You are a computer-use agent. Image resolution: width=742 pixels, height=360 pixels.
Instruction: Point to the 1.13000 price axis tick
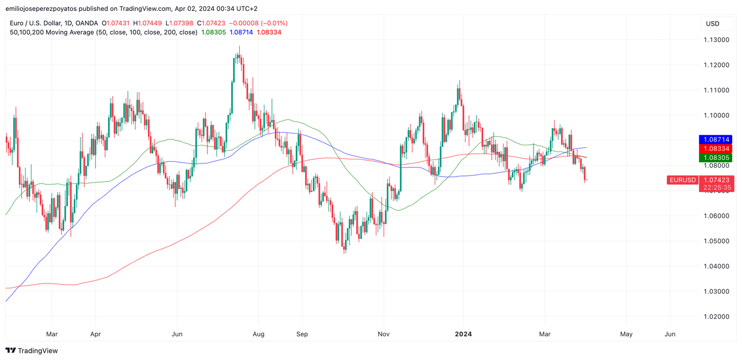[x=716, y=40]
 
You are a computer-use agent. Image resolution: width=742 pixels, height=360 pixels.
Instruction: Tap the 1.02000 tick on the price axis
[x=716, y=317]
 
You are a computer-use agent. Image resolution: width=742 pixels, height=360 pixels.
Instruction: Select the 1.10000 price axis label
[x=716, y=115]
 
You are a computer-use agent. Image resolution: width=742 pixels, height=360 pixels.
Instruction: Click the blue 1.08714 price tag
[x=716, y=139]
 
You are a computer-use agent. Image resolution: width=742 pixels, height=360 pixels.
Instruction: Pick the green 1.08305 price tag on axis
[x=716, y=158]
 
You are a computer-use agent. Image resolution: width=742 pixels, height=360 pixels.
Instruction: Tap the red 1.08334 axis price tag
[x=716, y=149]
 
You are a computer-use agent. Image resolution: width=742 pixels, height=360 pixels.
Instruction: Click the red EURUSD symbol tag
[x=683, y=180]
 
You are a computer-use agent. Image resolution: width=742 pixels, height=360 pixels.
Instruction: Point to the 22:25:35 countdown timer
[x=716, y=187]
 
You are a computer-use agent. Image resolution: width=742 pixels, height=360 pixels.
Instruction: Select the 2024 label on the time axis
[x=463, y=334]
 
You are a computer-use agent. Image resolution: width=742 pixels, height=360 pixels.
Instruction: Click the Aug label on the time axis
[x=259, y=334]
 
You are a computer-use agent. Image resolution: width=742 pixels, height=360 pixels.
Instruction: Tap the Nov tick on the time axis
[x=383, y=334]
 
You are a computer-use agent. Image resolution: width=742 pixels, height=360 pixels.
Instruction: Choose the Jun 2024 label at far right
[x=670, y=334]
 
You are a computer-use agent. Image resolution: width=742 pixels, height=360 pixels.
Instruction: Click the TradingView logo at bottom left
[x=32, y=350]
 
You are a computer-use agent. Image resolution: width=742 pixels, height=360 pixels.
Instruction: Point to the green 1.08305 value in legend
[x=214, y=33]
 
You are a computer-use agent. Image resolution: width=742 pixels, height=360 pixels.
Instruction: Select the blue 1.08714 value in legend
[x=241, y=33]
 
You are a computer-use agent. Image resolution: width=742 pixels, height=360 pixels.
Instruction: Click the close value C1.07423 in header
[x=211, y=23]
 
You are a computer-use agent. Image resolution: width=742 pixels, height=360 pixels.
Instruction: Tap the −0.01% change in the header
[x=274, y=23]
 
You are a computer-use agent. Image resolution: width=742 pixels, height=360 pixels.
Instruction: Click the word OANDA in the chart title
[x=88, y=23]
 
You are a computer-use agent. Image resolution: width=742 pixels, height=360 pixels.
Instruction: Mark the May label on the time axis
[x=626, y=334]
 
